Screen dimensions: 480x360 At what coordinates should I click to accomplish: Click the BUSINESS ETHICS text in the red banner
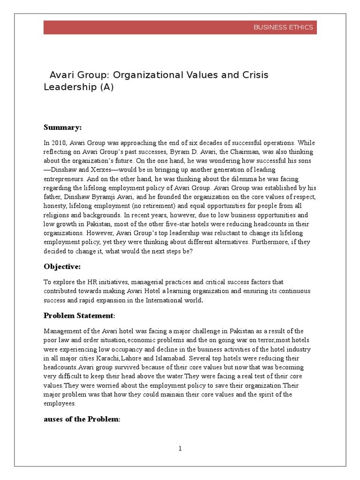283,27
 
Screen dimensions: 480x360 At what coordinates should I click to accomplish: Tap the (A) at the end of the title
106,87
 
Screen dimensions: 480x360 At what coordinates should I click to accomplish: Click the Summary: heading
63,127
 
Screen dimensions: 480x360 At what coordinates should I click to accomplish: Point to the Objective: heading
62,266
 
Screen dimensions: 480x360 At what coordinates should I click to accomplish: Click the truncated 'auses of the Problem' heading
82,419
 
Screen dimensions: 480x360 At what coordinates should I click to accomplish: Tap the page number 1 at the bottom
180,449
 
